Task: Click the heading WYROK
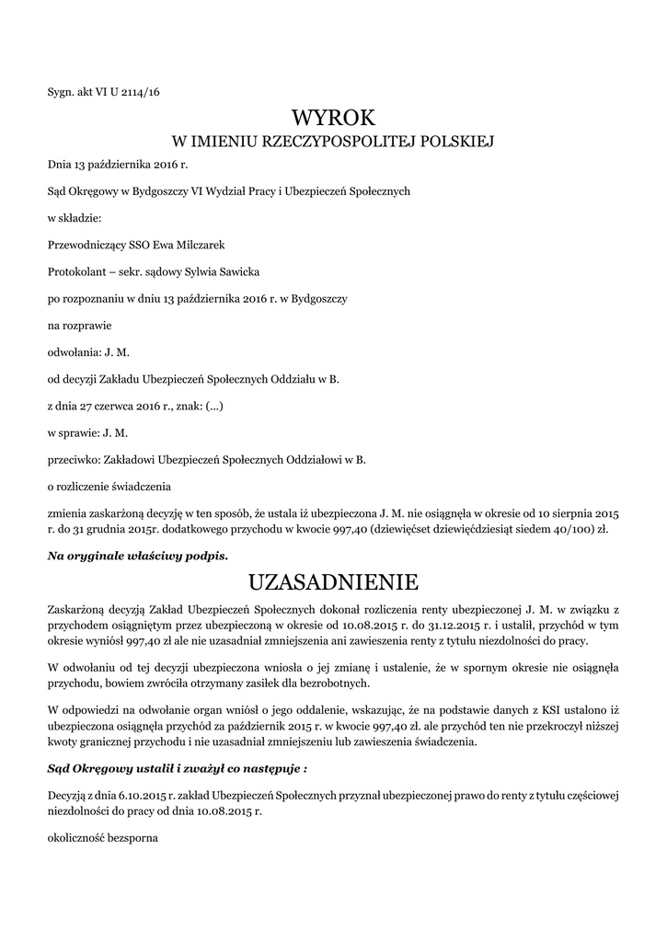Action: tap(333, 119)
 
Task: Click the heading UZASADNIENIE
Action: tap(333, 582)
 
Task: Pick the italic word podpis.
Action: tap(203, 556)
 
